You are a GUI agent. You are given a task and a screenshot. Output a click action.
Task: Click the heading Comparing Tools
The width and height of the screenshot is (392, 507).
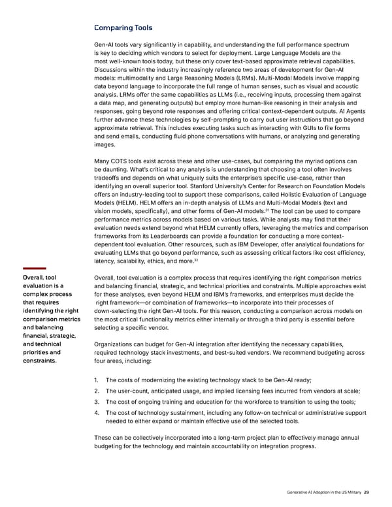(123, 27)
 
